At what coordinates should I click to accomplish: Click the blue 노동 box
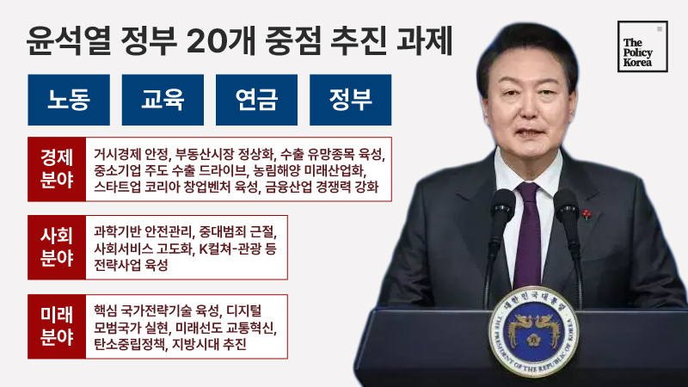(x=69, y=100)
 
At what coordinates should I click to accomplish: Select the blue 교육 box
(x=163, y=100)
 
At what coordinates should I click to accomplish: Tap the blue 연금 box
(x=256, y=100)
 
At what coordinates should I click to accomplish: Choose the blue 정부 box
(x=351, y=100)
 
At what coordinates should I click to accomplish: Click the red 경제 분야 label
(x=57, y=169)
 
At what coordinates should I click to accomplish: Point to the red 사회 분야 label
(x=57, y=248)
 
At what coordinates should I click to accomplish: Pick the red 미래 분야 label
(x=57, y=327)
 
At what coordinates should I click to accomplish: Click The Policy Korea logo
(x=642, y=46)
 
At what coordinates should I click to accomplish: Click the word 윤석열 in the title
(x=69, y=41)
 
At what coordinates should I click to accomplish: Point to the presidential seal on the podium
(x=533, y=332)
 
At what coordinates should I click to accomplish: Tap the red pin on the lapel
(x=587, y=214)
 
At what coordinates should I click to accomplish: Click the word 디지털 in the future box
(x=244, y=311)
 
